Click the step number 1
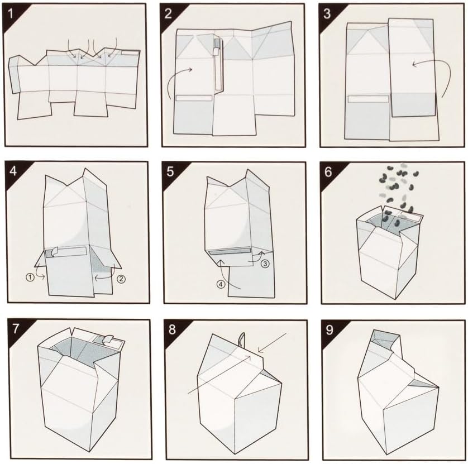click(x=11, y=13)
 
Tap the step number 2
click(x=168, y=13)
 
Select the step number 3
click(x=327, y=13)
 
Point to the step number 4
click(x=13, y=171)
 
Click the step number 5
click(x=170, y=171)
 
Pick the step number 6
click(x=328, y=171)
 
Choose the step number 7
click(x=16, y=328)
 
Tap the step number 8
click(x=172, y=329)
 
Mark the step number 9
click(x=329, y=329)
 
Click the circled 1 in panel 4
click(x=30, y=278)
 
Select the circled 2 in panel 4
click(x=121, y=279)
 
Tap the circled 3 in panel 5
click(x=265, y=264)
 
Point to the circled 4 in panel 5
click(x=221, y=284)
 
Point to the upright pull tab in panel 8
click(x=242, y=339)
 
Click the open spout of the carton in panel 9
click(x=384, y=339)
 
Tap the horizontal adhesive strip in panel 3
click(x=369, y=99)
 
